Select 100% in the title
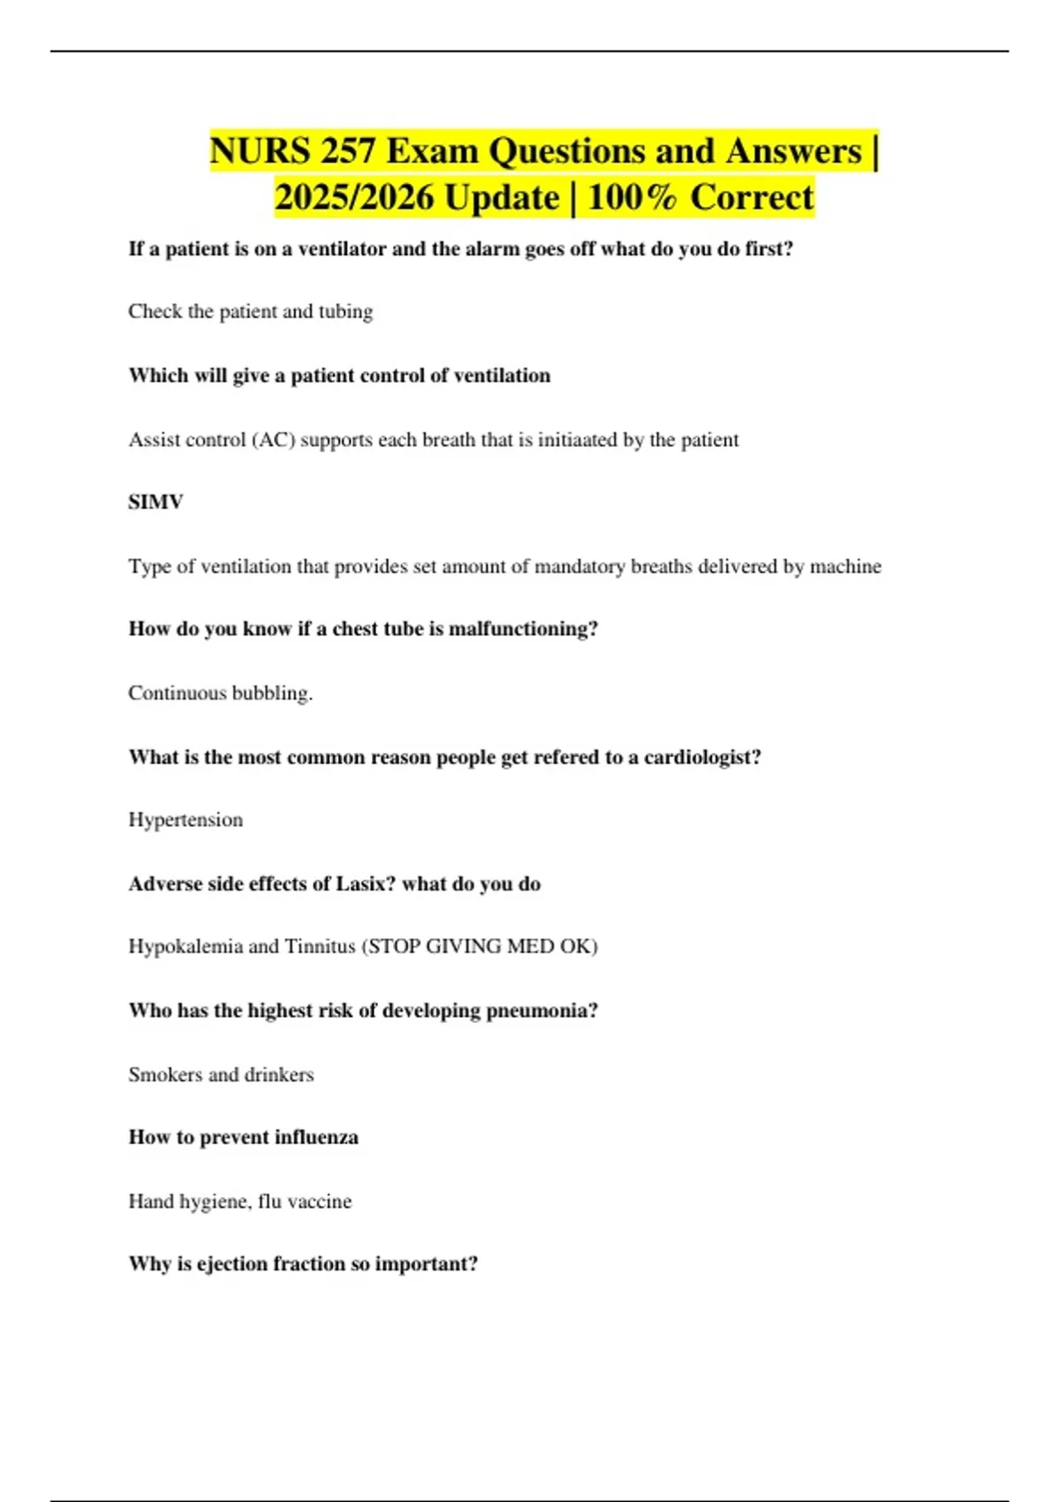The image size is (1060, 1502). coord(631,197)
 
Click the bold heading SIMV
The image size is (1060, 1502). coord(155,502)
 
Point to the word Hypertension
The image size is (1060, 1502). coord(185,820)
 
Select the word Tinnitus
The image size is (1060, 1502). coord(319,946)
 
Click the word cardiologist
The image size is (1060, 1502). coord(700,757)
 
